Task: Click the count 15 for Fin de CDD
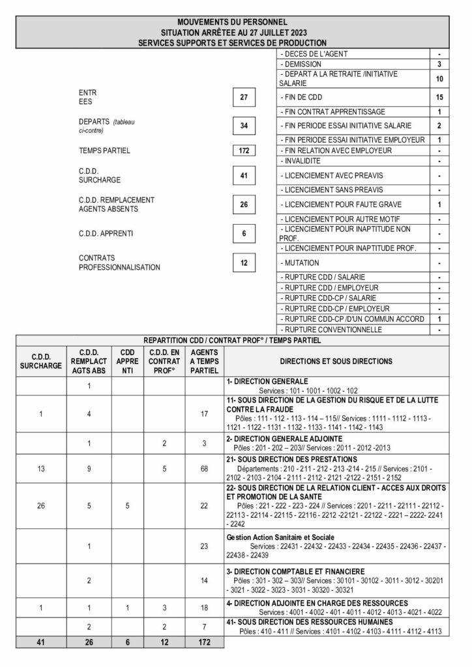pyautogui.click(x=440, y=98)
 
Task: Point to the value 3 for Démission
pyautogui.click(x=440, y=64)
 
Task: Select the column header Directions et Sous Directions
pyautogui.click(x=336, y=360)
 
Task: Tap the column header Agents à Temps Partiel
pyautogui.click(x=204, y=360)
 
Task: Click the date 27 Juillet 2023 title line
pyautogui.click(x=235, y=31)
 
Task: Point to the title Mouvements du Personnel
pyautogui.click(x=235, y=22)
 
